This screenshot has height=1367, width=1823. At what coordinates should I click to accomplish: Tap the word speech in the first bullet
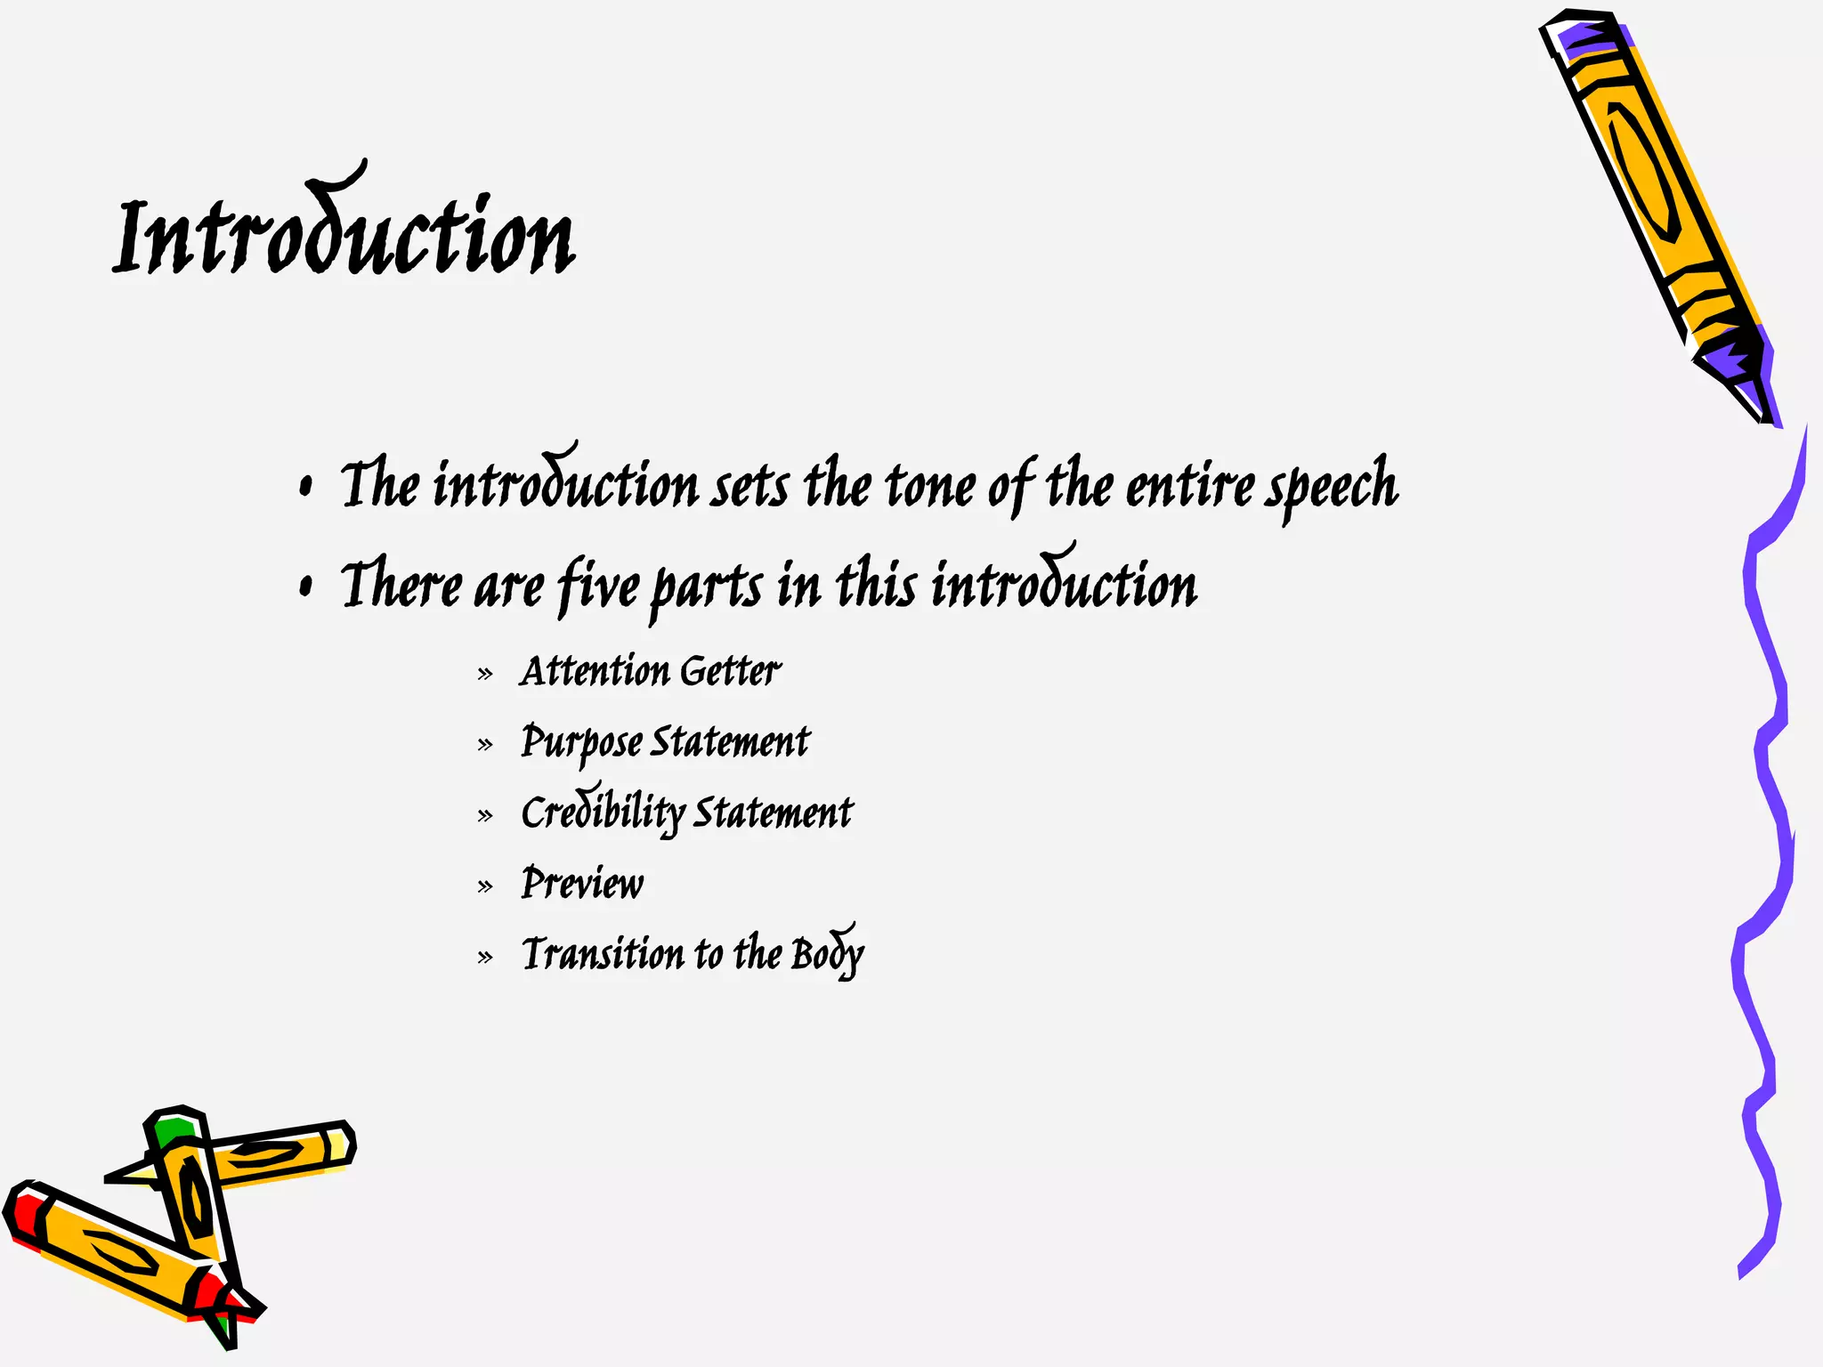(1333, 485)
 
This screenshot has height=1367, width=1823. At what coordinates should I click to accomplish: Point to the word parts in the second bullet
(707, 588)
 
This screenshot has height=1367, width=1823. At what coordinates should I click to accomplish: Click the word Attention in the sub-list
(595, 671)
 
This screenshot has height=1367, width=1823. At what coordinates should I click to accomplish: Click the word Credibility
(603, 812)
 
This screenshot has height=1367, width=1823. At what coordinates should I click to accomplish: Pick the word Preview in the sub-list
(582, 884)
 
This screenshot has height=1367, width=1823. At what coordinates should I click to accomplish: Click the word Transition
(604, 954)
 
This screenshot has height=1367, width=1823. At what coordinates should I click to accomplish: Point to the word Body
(827, 954)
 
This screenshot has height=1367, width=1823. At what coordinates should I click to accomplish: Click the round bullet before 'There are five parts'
(306, 586)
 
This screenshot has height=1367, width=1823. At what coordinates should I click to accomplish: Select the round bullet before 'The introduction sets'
(306, 486)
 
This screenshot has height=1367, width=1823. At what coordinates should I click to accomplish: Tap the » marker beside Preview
(485, 886)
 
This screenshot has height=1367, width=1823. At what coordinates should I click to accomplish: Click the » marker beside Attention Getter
(485, 674)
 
